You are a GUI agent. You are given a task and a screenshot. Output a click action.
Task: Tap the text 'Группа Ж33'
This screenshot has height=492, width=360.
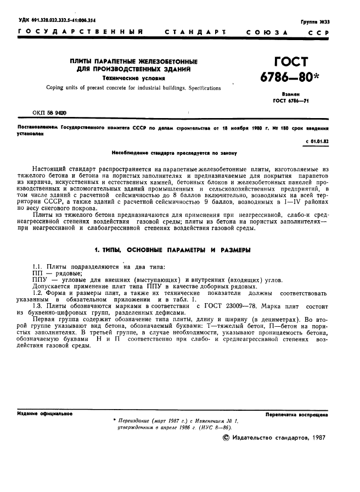(x=314, y=21)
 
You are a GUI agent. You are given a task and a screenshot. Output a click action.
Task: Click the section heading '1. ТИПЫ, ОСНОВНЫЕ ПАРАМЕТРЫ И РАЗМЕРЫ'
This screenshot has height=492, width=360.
(x=172, y=250)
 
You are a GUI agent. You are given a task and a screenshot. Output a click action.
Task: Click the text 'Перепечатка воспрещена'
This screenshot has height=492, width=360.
(x=297, y=415)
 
